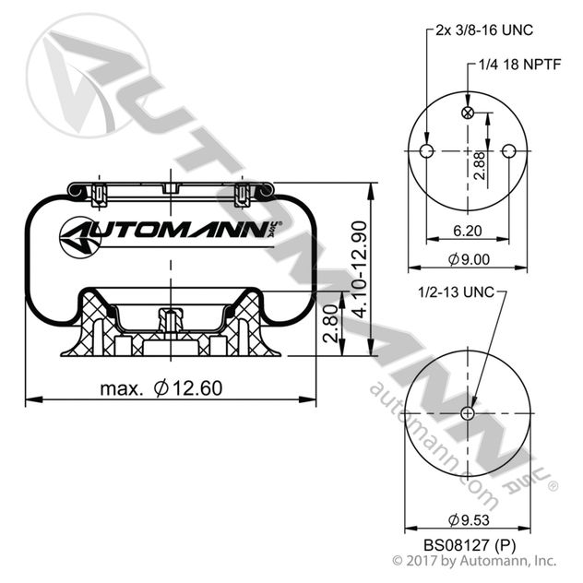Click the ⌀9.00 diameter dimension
(469, 260)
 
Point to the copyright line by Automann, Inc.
(474, 559)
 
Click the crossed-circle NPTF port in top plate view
(469, 113)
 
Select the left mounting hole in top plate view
(425, 151)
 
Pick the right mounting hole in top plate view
(512, 151)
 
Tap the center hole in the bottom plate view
(470, 413)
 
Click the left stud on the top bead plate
(101, 193)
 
